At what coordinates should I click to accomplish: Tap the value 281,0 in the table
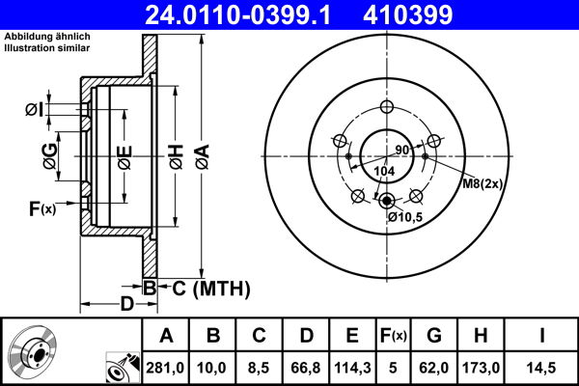point(166,368)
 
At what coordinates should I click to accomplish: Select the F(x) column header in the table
point(393,336)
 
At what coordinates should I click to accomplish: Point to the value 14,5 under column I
point(541,368)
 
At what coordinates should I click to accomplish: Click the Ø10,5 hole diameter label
point(406,217)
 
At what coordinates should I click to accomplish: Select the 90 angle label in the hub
point(402,150)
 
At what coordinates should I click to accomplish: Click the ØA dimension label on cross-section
point(201,154)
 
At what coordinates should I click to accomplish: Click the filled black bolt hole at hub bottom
point(387,202)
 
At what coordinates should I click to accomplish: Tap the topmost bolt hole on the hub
point(387,107)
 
